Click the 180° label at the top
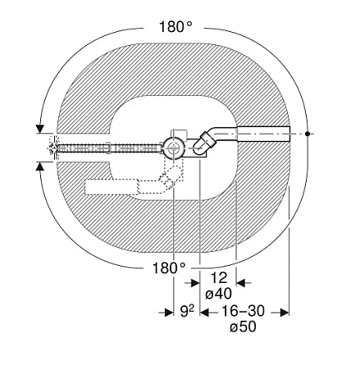pos(175,27)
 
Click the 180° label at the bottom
pos(169,268)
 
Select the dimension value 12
pos(219,278)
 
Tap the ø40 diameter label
pos(218,294)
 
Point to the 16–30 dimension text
pos(243,311)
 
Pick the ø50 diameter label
pos(243,326)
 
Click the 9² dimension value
pos(187,311)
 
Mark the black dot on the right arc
pos(308,134)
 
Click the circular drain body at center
pos(173,148)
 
